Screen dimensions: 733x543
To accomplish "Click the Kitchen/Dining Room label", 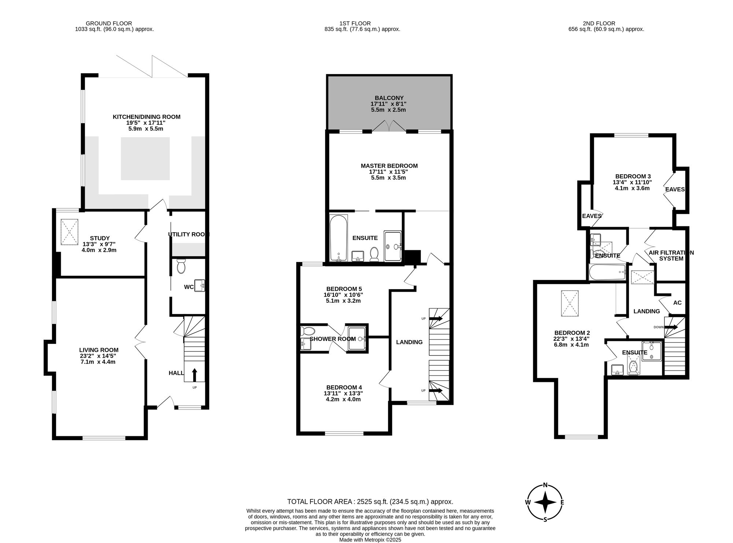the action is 147,117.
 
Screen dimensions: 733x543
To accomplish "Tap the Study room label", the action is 100,238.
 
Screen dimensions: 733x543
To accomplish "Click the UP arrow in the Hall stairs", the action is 194,375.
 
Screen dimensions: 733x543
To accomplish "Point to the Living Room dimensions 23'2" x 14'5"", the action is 99,356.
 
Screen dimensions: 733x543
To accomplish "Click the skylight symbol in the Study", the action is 70,232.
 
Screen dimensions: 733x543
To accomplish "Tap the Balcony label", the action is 389,98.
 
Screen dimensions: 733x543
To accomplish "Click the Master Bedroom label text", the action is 389,166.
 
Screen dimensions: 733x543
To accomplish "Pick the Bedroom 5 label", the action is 344,289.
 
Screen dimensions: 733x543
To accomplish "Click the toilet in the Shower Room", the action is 305,331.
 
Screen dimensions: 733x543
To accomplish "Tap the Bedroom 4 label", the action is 344,387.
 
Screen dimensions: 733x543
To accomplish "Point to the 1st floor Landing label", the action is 409,342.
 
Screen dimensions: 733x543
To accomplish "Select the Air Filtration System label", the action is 671,256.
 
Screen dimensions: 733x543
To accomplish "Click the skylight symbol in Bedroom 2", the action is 570,303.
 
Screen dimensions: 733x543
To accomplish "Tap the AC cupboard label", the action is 678,303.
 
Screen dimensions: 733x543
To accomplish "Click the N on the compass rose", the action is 545,485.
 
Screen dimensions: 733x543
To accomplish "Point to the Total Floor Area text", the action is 370,502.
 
